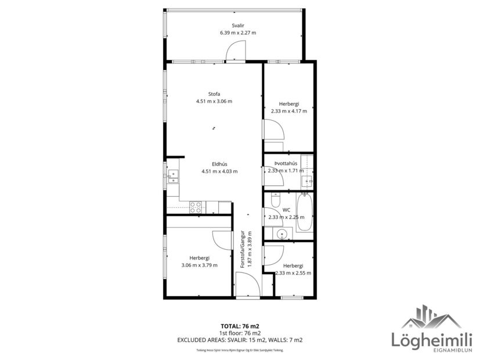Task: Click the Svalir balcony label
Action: [x=237, y=26]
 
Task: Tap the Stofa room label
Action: [x=214, y=94]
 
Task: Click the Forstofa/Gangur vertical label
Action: [x=243, y=249]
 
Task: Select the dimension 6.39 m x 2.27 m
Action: [x=237, y=33]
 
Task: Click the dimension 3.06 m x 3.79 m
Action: [x=199, y=265]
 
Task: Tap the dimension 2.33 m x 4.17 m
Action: [x=288, y=111]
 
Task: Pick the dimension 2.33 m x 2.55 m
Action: [x=293, y=272]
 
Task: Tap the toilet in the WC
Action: [x=276, y=197]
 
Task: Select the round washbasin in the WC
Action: [x=281, y=234]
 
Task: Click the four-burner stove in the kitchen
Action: [x=196, y=206]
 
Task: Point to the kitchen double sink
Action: [x=172, y=177]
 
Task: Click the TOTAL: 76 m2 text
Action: [x=239, y=326]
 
